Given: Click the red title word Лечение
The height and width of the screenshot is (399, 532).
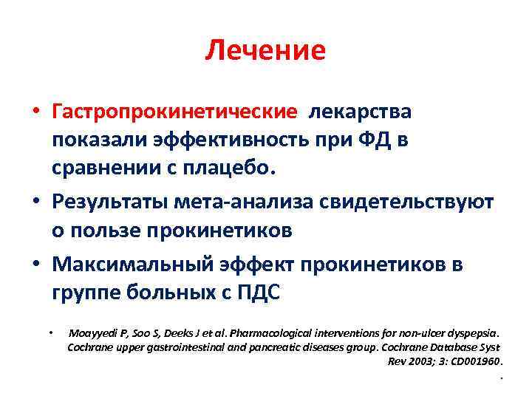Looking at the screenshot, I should click(265, 50).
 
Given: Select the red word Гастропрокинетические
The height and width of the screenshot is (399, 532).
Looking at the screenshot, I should click(174, 112).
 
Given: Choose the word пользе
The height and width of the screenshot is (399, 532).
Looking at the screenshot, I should click(110, 231).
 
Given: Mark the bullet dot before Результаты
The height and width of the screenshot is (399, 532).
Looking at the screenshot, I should click(35, 202).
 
